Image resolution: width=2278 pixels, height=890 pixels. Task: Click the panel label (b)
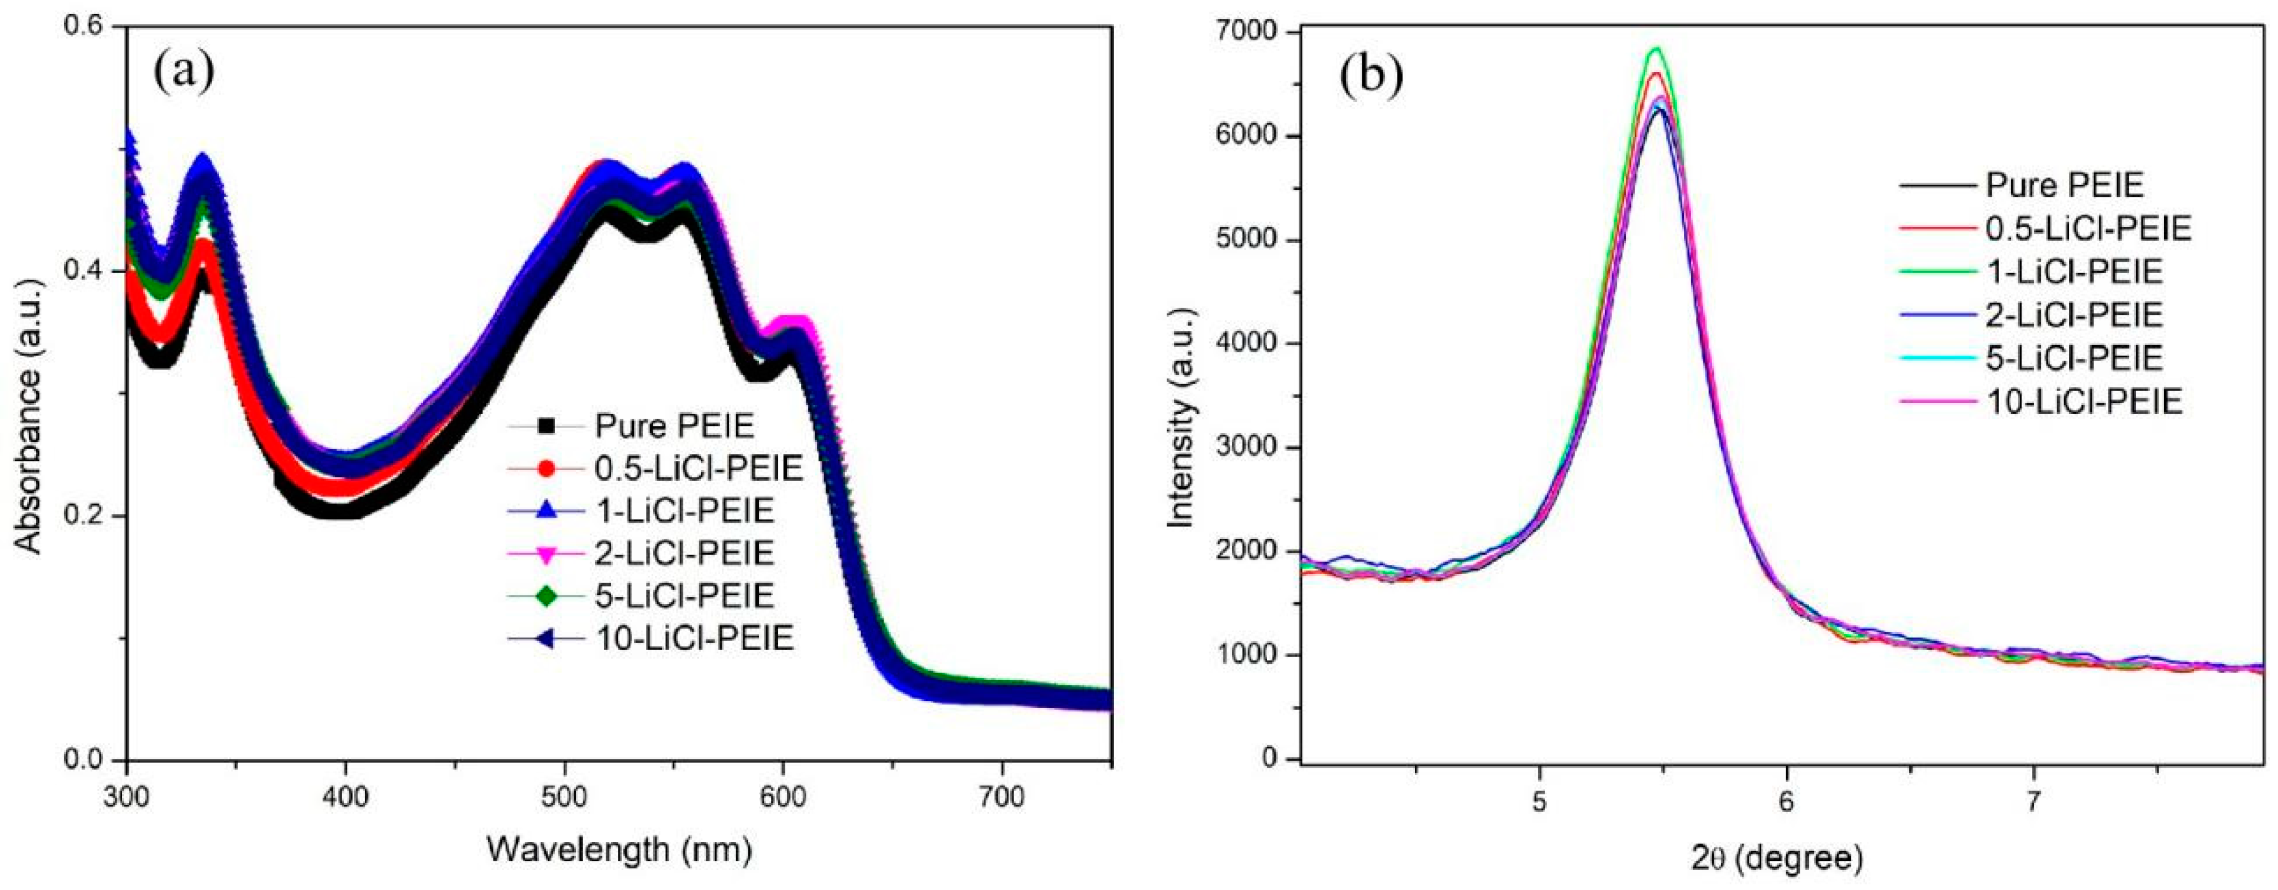(x=1371, y=78)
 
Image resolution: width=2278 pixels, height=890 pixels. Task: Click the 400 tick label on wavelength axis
(x=346, y=796)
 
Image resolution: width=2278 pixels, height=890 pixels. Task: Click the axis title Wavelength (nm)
(x=619, y=850)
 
